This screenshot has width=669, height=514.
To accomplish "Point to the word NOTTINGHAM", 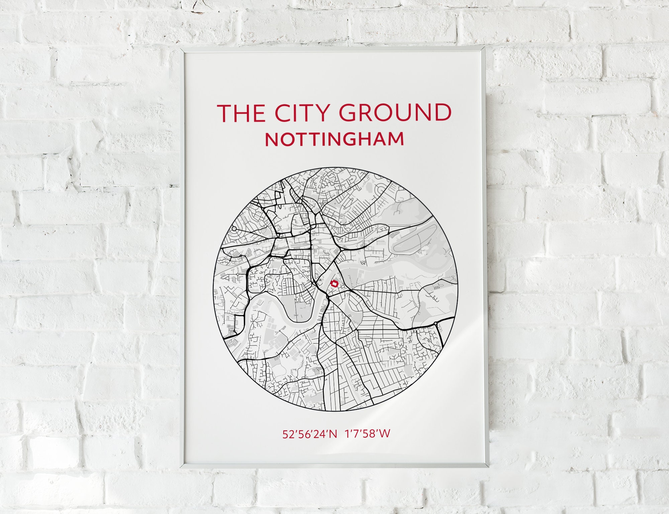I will (x=334, y=140).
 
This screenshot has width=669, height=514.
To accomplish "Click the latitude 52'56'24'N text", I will (x=310, y=434).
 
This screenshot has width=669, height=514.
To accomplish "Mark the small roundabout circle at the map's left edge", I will (x=234, y=229).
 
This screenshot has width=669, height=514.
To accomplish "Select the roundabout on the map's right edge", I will (x=436, y=323).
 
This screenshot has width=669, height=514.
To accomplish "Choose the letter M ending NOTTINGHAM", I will (x=396, y=140).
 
